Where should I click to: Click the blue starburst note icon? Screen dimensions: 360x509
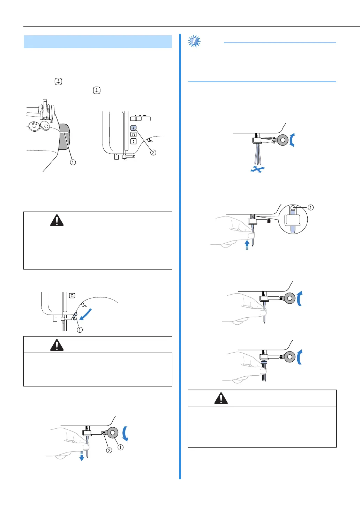[x=194, y=42]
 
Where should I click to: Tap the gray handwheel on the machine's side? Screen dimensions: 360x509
[x=64, y=136]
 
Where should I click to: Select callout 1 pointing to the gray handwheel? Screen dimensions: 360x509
[x=73, y=162]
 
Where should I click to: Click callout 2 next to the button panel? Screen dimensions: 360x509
[x=153, y=152]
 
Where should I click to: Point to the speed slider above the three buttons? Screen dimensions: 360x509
[x=140, y=119]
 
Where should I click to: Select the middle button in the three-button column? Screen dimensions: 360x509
[x=134, y=134]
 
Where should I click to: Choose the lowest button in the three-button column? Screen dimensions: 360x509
[x=134, y=141]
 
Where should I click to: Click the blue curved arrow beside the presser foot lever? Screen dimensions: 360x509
[x=85, y=313]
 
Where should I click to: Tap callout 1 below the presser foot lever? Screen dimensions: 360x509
[x=80, y=330]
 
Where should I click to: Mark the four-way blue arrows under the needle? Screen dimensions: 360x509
[x=257, y=170]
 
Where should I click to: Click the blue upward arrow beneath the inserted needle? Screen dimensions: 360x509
[x=247, y=244]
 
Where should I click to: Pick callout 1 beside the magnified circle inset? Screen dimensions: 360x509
[x=310, y=207]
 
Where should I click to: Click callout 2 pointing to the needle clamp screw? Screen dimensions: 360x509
[x=109, y=450]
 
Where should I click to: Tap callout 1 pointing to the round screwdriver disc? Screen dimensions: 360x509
[x=120, y=447]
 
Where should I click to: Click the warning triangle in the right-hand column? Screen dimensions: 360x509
[x=221, y=398]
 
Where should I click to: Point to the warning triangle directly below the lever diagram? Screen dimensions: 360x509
[x=57, y=345]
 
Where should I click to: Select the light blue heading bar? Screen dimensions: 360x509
[x=98, y=42]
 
